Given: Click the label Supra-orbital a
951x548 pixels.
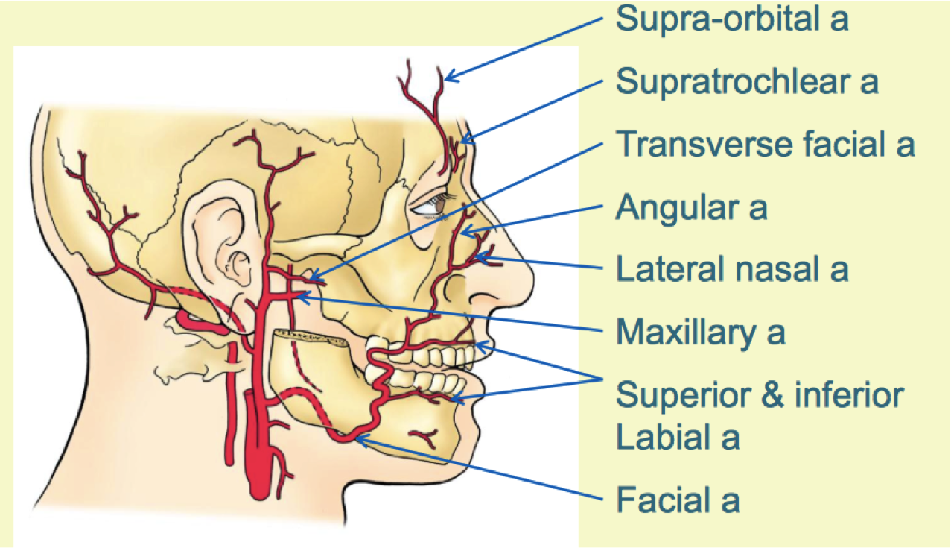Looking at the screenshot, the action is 731,19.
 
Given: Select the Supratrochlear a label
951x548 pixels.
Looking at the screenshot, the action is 747,81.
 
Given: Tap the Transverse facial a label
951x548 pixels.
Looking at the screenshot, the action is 765,145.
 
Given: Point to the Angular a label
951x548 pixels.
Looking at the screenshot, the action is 690,208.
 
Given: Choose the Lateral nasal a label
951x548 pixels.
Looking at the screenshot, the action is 731,269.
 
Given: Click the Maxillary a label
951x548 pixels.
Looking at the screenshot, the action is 700,333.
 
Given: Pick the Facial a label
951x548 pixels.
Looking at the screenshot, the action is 678,500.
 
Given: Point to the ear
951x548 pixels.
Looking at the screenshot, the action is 220,239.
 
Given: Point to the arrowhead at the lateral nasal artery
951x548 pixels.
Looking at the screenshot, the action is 479,258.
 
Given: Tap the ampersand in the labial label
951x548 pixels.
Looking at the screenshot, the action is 773,396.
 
